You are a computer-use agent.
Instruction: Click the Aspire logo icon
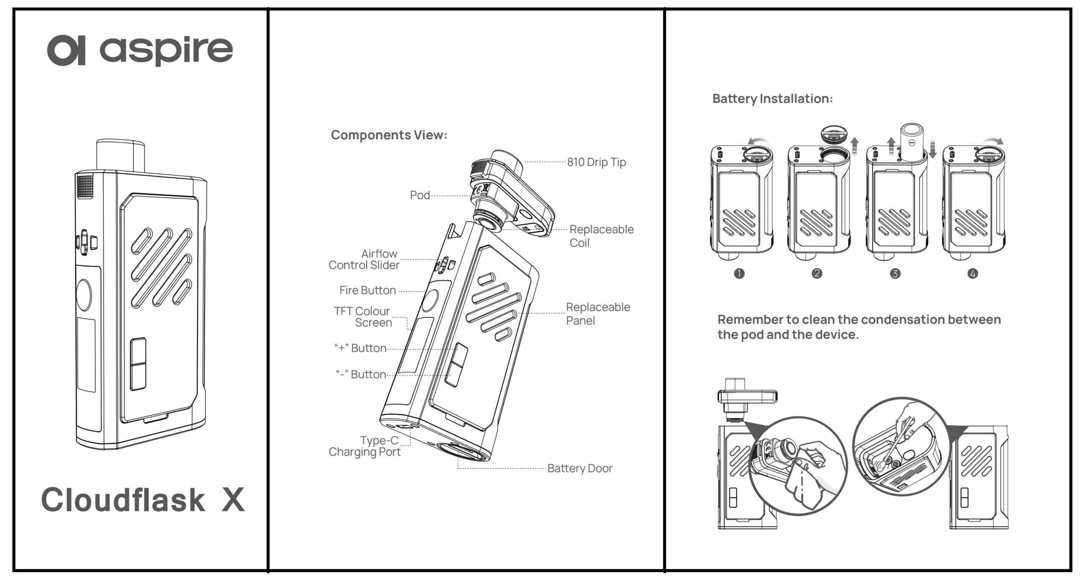(66, 50)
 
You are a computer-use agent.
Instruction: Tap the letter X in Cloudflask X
(233, 500)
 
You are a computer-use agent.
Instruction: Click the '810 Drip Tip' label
(596, 162)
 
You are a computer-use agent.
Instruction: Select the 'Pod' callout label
(420, 195)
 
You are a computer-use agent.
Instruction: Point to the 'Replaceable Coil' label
(601, 236)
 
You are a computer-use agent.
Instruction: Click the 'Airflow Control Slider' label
(364, 259)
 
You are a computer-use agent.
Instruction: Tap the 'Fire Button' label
(368, 291)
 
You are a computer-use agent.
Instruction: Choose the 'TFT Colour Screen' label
(363, 317)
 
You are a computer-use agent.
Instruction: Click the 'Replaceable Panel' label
(597, 314)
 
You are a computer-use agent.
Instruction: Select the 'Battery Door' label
(579, 469)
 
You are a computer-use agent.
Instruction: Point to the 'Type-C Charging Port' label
(365, 446)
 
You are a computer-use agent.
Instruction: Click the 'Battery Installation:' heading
(772, 99)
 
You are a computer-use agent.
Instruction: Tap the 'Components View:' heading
(389, 135)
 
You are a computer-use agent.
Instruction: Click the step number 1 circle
(739, 274)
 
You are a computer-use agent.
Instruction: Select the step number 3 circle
(895, 274)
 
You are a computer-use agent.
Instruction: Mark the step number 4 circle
(972, 274)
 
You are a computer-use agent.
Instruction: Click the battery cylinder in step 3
(911, 142)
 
